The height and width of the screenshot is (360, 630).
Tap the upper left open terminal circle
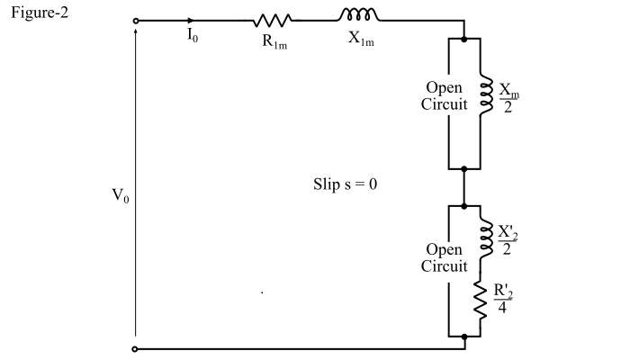point(135,20)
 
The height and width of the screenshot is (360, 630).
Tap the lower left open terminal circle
point(135,348)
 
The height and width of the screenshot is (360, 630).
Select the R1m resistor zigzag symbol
point(272,20)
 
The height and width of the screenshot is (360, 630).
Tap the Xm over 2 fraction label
point(509,96)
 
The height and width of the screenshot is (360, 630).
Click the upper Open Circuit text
point(445,96)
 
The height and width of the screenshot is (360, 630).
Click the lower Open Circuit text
point(445,257)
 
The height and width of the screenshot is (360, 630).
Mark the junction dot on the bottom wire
point(463,339)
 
